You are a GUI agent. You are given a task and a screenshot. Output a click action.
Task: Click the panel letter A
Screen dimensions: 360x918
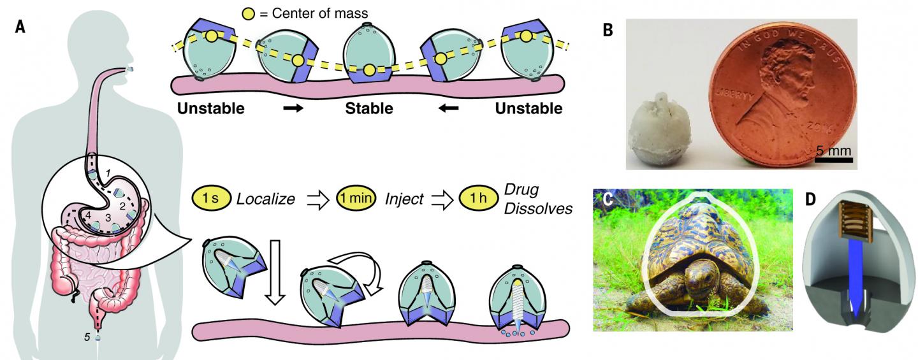click(22, 31)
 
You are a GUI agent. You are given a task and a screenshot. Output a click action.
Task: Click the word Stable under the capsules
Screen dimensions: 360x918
click(368, 109)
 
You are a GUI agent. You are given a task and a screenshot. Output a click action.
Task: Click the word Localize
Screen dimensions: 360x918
click(265, 199)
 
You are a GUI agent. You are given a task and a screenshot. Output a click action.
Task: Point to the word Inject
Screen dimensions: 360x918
click(404, 199)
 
